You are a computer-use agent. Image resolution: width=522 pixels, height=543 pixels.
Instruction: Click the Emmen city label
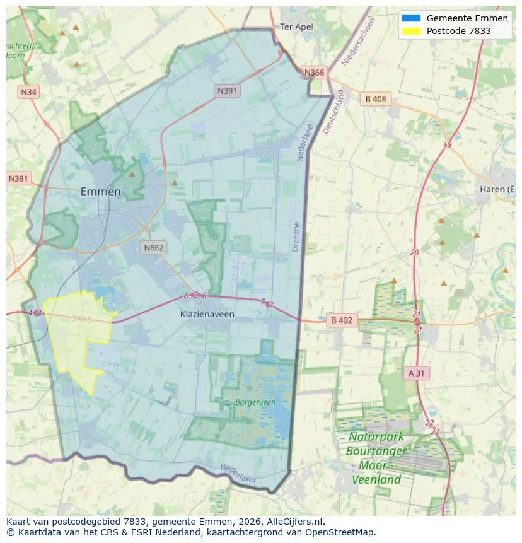coord(101,192)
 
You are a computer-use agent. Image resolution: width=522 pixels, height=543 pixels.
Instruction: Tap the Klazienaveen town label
coord(207,313)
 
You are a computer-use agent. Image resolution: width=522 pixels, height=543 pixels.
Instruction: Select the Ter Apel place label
coord(296,26)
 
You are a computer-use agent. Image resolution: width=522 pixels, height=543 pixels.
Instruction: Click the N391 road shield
coord(228,91)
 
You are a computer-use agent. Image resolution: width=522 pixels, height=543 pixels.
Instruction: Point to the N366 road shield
coord(314,73)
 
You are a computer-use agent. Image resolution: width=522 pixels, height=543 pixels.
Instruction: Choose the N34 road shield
coord(28,92)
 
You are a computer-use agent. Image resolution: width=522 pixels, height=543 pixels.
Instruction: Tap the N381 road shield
coord(18,178)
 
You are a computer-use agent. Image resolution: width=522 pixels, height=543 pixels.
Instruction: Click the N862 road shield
coord(153,247)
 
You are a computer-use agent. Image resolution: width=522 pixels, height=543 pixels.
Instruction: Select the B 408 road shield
coord(376,99)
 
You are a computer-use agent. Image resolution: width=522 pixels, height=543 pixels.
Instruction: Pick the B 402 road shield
coord(341,320)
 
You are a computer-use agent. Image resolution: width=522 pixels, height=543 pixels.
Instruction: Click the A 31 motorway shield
coord(417,373)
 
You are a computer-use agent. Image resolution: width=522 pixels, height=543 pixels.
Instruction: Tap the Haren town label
coord(497,189)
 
